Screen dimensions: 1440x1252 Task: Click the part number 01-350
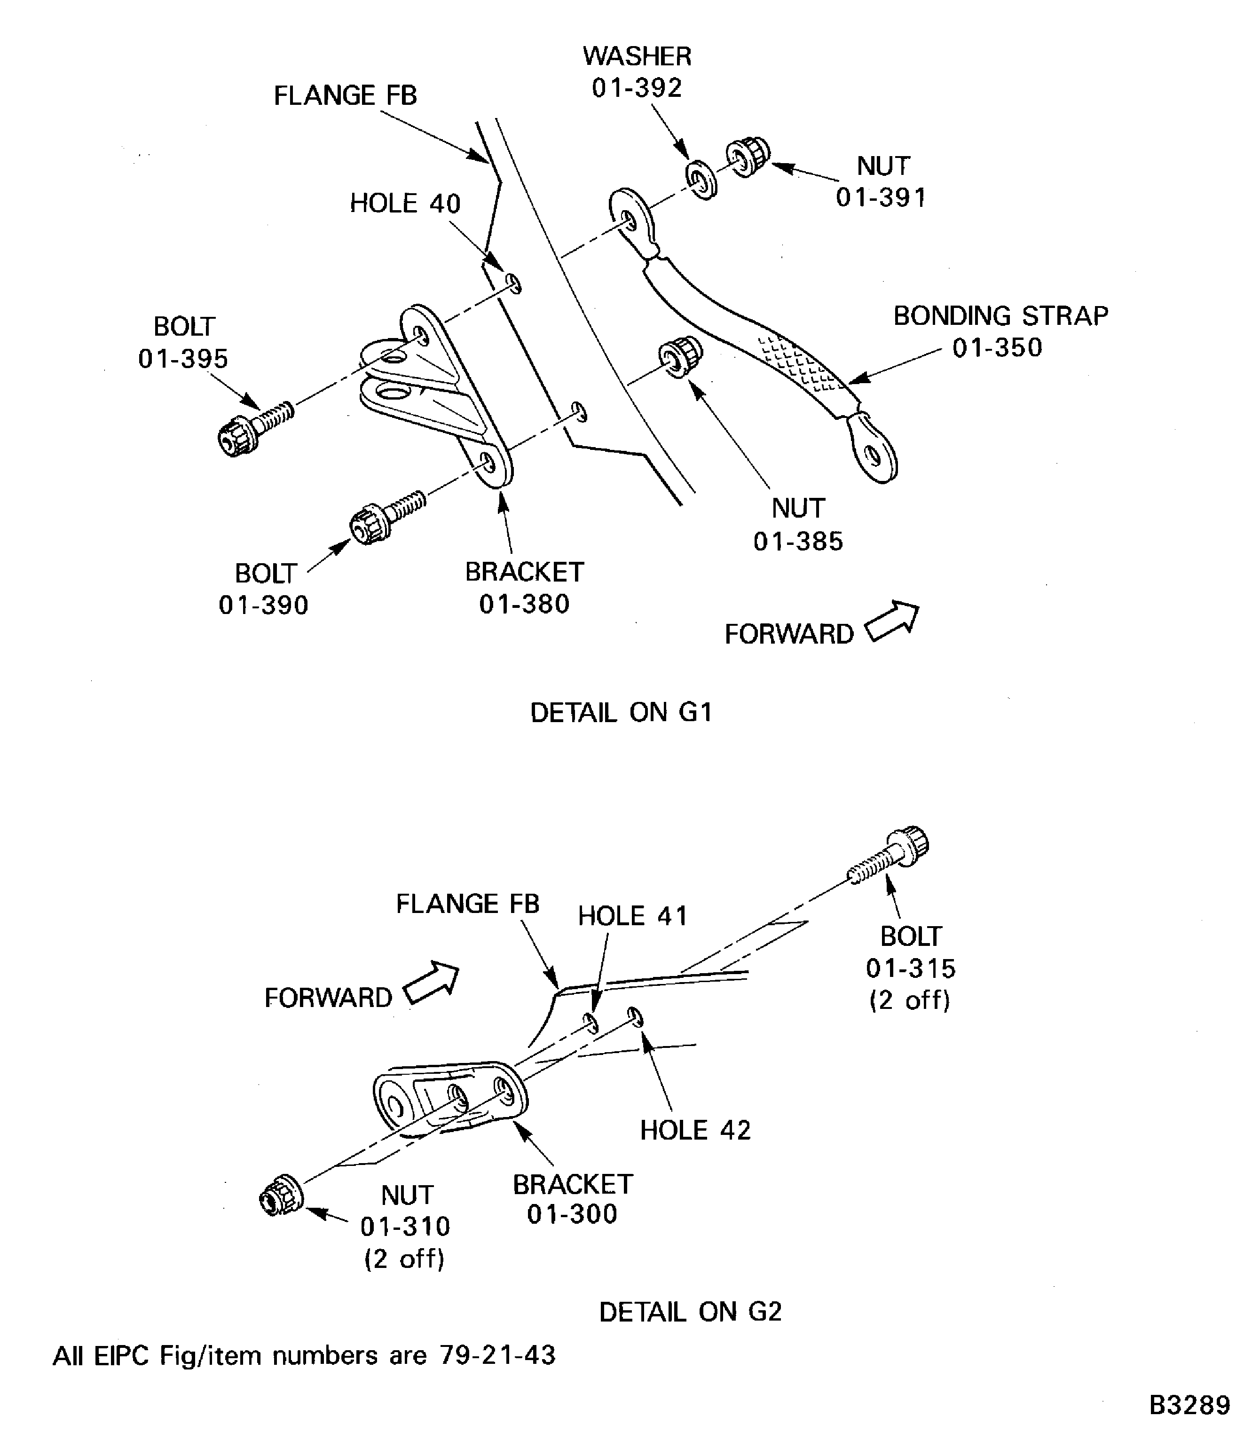point(997,347)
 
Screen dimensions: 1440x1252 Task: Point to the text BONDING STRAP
point(1000,316)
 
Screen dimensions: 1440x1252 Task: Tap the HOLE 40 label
point(405,203)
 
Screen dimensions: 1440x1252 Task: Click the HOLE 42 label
point(695,1131)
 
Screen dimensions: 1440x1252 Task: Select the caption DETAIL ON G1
point(621,713)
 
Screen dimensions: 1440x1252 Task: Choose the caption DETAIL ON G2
point(690,1312)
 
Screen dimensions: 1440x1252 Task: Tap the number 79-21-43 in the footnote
point(497,1355)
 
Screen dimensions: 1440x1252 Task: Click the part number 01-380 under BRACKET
point(524,604)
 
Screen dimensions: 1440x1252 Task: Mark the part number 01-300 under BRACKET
point(572,1213)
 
